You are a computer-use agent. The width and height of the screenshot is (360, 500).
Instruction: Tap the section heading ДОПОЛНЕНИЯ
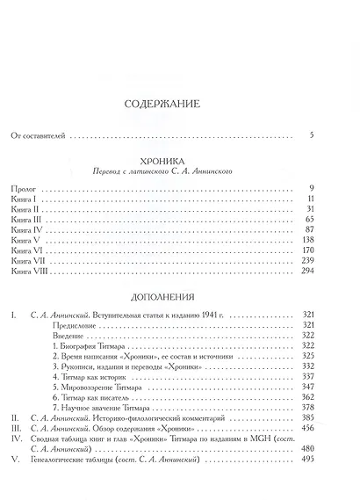pos(178,297)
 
